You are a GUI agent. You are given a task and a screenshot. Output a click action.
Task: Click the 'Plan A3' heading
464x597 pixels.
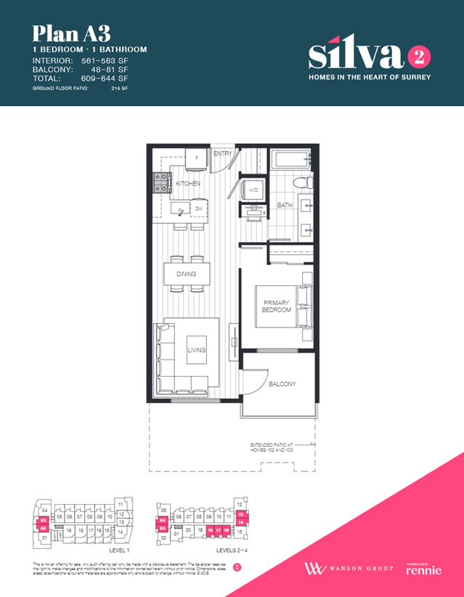[62, 33]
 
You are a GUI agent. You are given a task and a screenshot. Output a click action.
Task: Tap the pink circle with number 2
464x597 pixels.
[417, 56]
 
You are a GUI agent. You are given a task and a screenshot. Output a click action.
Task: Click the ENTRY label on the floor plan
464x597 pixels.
[222, 154]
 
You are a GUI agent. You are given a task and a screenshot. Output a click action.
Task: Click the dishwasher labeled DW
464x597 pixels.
[198, 209]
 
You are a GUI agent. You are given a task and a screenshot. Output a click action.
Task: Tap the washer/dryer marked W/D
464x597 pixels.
[253, 190]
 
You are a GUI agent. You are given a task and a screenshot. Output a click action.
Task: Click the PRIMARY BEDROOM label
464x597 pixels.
[276, 306]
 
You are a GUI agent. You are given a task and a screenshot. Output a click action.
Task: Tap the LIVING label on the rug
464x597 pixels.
[196, 350]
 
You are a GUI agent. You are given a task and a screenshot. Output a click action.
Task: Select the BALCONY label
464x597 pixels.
[282, 384]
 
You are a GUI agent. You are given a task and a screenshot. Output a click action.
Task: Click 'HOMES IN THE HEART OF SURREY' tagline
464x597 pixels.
[370, 77]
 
